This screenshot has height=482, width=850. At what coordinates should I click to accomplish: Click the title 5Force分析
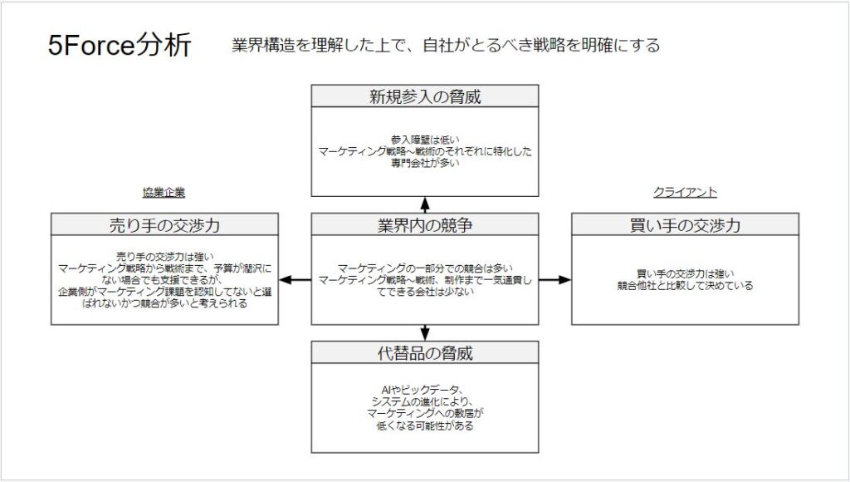click(120, 46)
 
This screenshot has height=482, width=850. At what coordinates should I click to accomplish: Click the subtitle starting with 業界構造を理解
click(447, 46)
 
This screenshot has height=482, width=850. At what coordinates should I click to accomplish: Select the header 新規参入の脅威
click(425, 96)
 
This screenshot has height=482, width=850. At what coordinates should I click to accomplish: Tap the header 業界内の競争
click(425, 225)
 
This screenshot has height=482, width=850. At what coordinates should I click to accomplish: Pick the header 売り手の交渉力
click(164, 225)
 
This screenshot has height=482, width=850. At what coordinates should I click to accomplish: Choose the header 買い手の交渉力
click(685, 225)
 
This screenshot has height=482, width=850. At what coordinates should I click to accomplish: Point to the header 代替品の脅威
click(425, 352)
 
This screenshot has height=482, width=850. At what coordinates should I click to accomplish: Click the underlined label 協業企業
click(164, 193)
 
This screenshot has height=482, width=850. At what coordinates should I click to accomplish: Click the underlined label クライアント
click(685, 193)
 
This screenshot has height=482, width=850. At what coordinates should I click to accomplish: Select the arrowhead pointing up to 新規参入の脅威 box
click(425, 202)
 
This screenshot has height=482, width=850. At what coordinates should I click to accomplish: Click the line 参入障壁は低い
click(425, 140)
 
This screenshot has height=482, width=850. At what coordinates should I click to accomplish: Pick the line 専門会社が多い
click(425, 164)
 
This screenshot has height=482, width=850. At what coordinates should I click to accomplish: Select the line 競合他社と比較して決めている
click(685, 285)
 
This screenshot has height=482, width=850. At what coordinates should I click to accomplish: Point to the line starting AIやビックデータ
click(425, 390)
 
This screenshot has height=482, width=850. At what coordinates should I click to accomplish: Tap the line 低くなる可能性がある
click(425, 425)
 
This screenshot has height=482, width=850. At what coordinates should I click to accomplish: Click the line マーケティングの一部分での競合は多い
click(425, 268)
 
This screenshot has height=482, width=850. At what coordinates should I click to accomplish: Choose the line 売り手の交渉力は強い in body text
click(164, 257)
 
